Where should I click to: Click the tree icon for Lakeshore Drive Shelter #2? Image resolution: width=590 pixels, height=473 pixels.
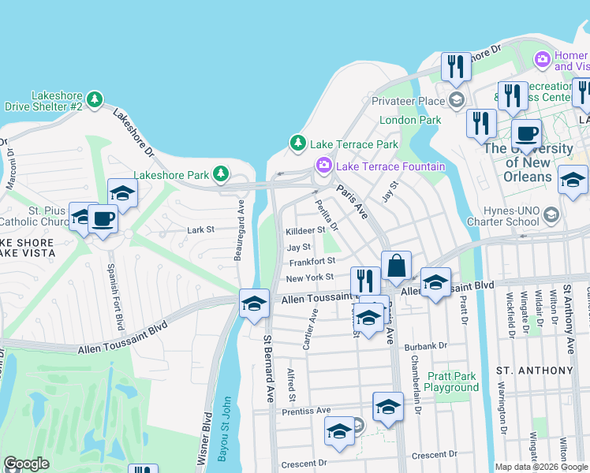pos(95,99)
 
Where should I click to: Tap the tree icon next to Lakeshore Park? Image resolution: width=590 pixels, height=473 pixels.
pos(222,173)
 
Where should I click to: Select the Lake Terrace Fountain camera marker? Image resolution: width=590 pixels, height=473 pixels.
pos(323,166)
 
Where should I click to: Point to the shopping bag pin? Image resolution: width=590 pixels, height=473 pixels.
pos(396,266)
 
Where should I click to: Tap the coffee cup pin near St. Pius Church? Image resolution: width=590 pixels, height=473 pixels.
pos(103,218)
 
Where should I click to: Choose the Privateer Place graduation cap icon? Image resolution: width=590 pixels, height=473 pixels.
pos(456,100)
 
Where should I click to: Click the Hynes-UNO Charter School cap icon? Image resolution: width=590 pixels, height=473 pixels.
pos(551,215)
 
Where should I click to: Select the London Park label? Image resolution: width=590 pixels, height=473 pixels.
pos(409,121)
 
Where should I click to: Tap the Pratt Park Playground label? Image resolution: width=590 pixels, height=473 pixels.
pos(451,382)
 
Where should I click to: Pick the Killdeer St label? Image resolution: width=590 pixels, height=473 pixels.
pos(305,230)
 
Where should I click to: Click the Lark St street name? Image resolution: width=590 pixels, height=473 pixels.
pos(201,229)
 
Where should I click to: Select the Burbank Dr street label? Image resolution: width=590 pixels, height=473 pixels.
pos(427,345)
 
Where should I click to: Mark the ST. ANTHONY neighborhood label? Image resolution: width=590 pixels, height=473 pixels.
pos(534,370)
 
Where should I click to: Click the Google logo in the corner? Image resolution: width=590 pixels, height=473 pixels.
pos(26,464)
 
